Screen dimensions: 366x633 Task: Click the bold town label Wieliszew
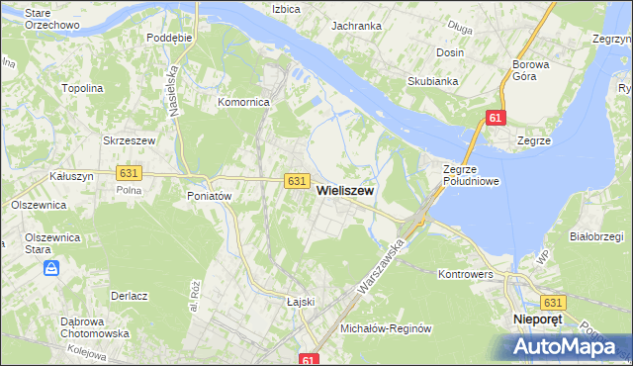[x=344, y=195]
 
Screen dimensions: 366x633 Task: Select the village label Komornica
[x=244, y=101]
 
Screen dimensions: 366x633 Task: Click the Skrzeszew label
[x=130, y=140]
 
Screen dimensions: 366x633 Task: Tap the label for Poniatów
[x=209, y=196]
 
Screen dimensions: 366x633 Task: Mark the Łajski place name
[x=300, y=302]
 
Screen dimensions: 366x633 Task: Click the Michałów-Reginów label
[x=387, y=327]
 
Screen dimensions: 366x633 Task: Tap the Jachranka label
[x=357, y=26]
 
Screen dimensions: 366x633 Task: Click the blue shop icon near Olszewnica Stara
[x=52, y=268]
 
